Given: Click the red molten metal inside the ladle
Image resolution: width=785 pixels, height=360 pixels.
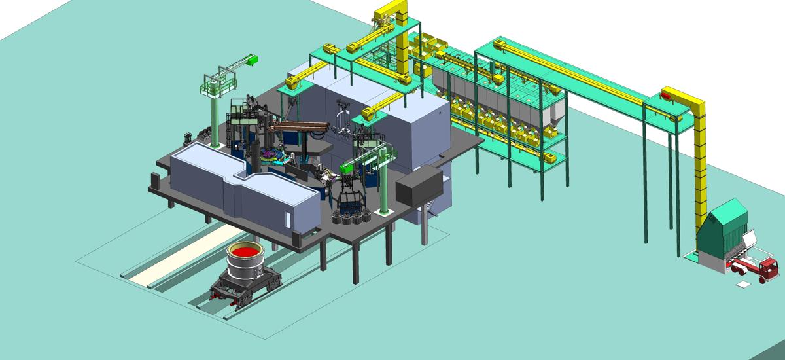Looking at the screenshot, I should [245, 252].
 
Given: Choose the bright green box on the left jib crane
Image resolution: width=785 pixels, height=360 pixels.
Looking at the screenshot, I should [252, 60].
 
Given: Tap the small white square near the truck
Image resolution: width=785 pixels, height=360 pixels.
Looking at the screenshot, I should [744, 285].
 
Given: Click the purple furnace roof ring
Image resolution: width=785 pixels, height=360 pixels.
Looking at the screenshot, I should [272, 156].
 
